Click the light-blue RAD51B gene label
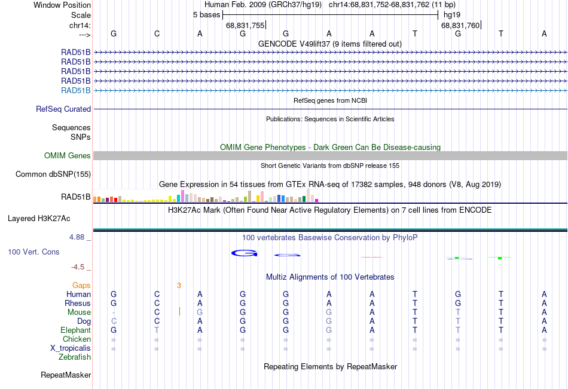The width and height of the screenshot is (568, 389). pos(76,91)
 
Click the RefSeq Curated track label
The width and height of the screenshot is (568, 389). pos(63,109)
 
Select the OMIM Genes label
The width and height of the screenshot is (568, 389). pos(68,156)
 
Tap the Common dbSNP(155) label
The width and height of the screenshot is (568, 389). pos(53,174)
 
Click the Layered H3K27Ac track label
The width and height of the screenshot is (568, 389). pos(39,219)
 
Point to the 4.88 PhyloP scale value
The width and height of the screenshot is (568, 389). pos(77,237)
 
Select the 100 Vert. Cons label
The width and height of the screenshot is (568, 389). pos(33,252)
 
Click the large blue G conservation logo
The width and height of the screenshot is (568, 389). pos(245,253)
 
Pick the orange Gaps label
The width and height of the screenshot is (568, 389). pos(81,286)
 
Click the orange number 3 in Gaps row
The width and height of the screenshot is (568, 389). pos(179,286)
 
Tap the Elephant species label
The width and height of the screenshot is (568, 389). pos(76,330)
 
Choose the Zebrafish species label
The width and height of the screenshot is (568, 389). pos(75,357)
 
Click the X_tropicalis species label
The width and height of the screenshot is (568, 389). pos(71,348)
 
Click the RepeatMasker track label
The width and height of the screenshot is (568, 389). pos(66,375)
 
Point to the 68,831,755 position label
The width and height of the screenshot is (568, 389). pos(245,25)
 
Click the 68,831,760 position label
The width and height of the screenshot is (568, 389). pos(460,25)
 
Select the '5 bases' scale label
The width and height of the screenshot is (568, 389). pos(206,15)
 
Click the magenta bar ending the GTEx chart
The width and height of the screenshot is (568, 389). pos(317,200)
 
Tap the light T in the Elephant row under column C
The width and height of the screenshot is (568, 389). pos(157,330)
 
